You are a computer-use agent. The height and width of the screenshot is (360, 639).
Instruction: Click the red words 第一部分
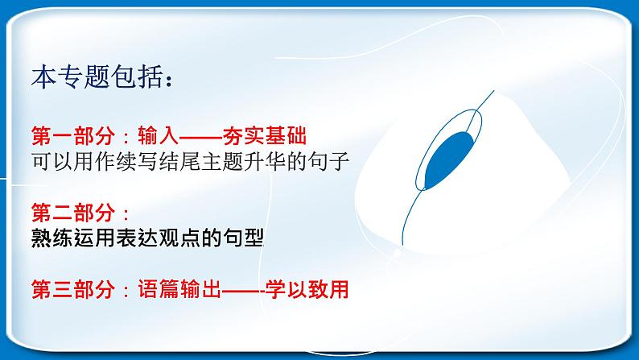(x=73, y=136)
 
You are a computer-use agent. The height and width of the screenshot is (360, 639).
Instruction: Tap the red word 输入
(x=159, y=136)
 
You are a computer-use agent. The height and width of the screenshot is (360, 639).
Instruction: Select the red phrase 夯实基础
(x=265, y=136)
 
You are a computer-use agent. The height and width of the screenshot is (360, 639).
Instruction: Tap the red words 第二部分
(x=73, y=213)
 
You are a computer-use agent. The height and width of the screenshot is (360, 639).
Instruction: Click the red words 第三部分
(x=73, y=289)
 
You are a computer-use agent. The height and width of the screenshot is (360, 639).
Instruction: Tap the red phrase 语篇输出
(x=179, y=289)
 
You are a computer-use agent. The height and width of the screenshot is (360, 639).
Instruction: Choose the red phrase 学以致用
(x=307, y=289)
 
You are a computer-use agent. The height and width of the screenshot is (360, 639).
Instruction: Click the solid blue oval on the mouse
(x=449, y=159)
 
